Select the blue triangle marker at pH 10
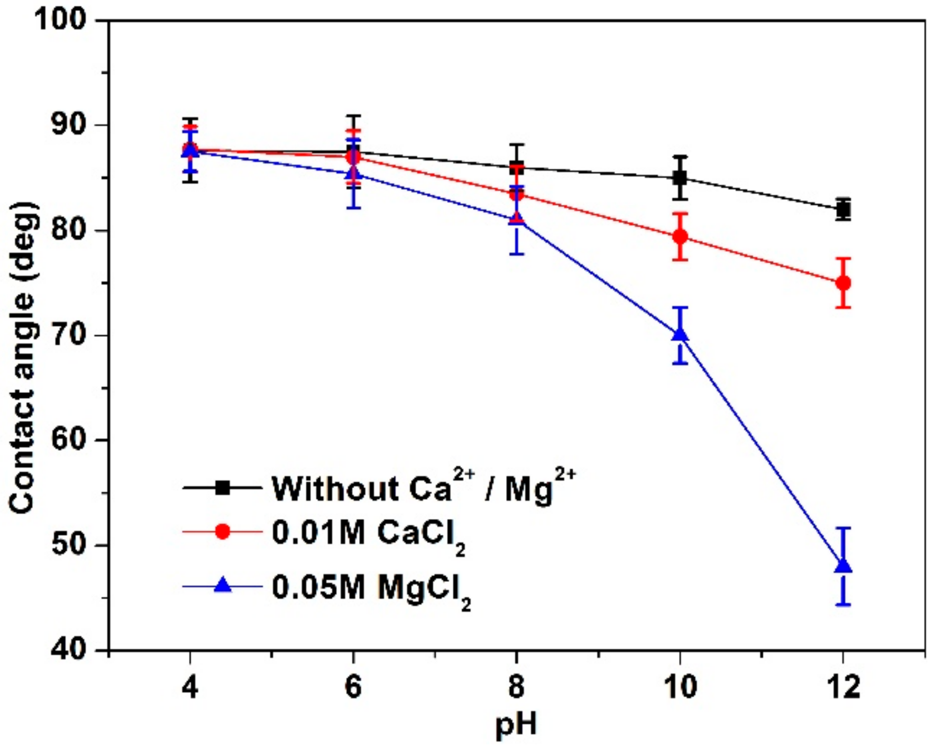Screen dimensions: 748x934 pos(680,335)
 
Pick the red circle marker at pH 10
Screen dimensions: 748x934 pos(680,236)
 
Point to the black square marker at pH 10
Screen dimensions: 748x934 pos(680,178)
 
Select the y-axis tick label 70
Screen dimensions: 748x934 pos(69,335)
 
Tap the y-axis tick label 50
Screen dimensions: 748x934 pos(69,545)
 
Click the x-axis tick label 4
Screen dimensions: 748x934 pos(190,687)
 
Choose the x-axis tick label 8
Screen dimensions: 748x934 pos(516,687)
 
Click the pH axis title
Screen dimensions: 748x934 pos(516,725)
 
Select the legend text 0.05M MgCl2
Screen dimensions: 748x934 pos(370,588)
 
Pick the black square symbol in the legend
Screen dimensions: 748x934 pos(223,487)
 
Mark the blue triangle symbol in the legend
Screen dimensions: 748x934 pos(223,585)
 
